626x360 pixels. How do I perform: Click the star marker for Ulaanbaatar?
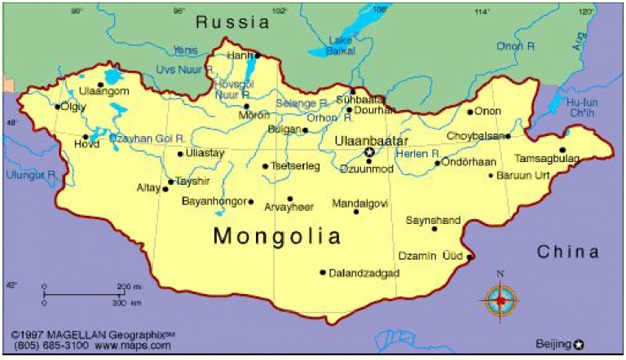tap(369, 151)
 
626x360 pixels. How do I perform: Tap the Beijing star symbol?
tap(579, 344)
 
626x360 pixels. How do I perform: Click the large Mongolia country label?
tap(277, 236)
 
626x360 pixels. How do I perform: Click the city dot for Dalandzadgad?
tap(323, 272)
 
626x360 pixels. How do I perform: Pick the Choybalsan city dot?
tap(508, 136)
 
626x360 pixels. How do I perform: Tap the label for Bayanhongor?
tap(213, 200)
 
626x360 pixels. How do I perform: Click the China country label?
tap(568, 252)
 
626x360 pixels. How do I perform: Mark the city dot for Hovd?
tap(86, 137)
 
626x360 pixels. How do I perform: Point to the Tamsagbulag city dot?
tap(562, 149)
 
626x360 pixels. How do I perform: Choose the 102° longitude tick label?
tap(280, 11)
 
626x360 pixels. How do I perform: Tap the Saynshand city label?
tap(434, 220)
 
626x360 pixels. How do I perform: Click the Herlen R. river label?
tap(417, 153)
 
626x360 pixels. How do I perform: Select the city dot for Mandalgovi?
tap(356, 212)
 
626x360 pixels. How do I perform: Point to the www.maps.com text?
tap(133, 346)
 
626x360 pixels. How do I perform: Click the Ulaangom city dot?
tap(101, 83)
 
